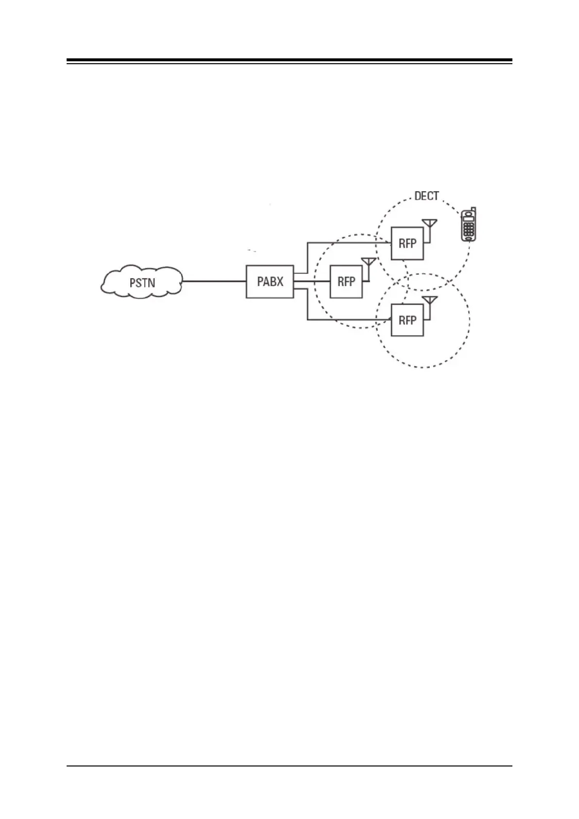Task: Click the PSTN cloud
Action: (x=141, y=282)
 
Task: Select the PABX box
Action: (x=270, y=282)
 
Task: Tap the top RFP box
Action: (x=407, y=243)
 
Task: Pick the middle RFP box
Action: (x=346, y=282)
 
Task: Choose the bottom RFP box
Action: (x=407, y=320)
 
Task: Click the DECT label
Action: (x=426, y=196)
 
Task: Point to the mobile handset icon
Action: (x=469, y=225)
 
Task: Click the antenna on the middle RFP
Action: (x=369, y=263)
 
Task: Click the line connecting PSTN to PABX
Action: (x=214, y=281)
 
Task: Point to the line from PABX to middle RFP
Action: (x=312, y=281)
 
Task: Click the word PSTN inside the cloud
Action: (x=142, y=282)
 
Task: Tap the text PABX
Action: (x=270, y=282)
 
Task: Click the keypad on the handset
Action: (x=469, y=230)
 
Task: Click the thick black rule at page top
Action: (x=289, y=61)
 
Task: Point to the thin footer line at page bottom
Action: (x=289, y=766)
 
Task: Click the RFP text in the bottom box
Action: (x=407, y=320)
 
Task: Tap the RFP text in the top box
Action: (x=407, y=243)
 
